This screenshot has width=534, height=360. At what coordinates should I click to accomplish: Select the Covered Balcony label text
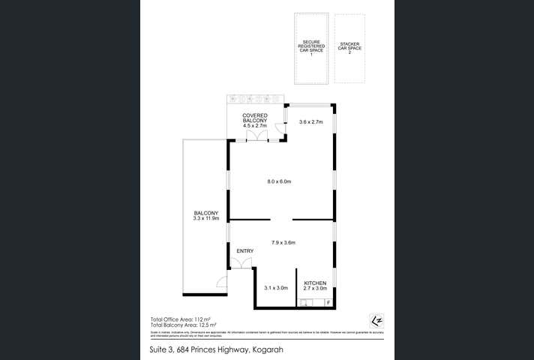click(x=255, y=121)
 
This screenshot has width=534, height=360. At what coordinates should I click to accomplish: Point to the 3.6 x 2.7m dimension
click(x=310, y=121)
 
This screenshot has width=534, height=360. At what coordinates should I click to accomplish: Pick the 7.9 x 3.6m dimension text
click(x=283, y=242)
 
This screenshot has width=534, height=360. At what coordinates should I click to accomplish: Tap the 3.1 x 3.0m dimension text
click(x=275, y=287)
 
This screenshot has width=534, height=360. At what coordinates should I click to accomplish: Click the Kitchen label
click(x=315, y=285)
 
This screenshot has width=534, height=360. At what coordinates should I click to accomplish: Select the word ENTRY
click(x=244, y=250)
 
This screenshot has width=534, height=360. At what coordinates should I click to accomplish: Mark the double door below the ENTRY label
click(x=241, y=262)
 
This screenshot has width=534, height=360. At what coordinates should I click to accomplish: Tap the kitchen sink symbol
click(x=307, y=303)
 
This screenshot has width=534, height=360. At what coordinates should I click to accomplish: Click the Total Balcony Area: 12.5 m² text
click(x=184, y=325)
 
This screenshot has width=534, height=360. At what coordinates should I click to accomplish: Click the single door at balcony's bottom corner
click(x=221, y=282)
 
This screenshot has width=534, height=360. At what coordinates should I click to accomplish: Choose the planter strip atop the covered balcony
click(x=254, y=99)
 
